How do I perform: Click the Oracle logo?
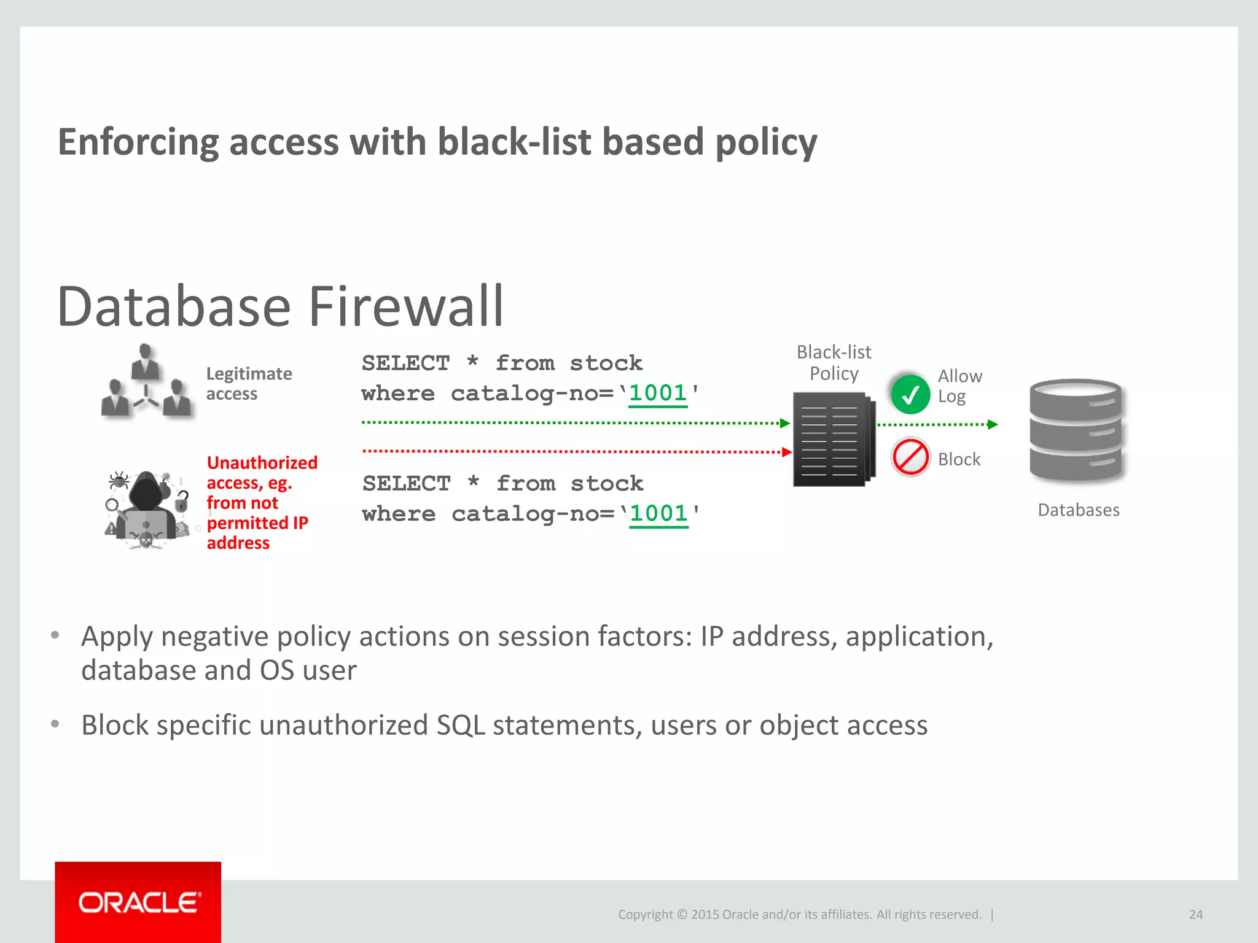(x=139, y=902)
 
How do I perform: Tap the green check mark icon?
(x=910, y=394)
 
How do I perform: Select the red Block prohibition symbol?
(x=910, y=457)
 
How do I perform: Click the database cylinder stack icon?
(x=1076, y=430)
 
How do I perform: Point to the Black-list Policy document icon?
(x=833, y=440)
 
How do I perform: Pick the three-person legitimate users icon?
(x=146, y=384)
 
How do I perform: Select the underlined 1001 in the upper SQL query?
(x=658, y=394)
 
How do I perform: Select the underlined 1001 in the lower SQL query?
(x=658, y=514)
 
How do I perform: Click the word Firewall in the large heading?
(x=406, y=306)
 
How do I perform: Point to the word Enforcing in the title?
(x=138, y=142)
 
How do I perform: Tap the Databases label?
(x=1078, y=510)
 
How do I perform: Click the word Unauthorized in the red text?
(x=262, y=463)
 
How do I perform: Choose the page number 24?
(x=1195, y=914)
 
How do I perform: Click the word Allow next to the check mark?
(x=959, y=376)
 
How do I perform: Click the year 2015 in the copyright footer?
(x=705, y=915)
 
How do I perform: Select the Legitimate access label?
(x=248, y=384)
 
